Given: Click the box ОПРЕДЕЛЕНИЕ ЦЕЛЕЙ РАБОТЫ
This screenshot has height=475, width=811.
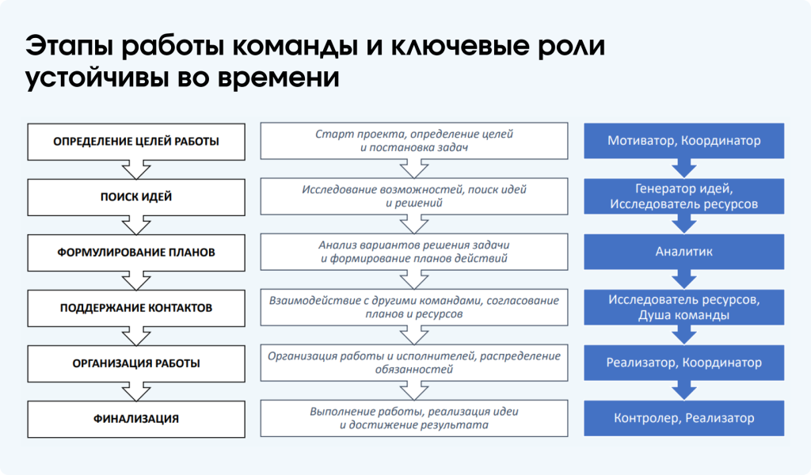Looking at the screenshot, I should coord(136,142).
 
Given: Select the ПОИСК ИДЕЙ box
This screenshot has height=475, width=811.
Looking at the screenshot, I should coord(136,196).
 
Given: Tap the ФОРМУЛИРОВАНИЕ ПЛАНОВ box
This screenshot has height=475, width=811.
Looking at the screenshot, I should coord(136,253).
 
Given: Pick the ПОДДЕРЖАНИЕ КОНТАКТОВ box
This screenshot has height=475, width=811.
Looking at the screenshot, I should coord(136,308).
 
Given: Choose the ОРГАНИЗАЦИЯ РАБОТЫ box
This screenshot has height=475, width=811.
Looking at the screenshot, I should coord(136,363).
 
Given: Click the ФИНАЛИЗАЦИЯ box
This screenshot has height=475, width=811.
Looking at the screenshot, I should coord(136,419).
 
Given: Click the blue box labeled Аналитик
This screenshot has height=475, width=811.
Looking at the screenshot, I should coord(684,252).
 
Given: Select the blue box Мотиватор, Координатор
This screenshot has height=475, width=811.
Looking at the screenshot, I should coord(684,141).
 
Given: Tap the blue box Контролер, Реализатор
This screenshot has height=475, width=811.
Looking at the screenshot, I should coord(684,418).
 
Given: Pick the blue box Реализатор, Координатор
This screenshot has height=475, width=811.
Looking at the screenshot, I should coord(684,363).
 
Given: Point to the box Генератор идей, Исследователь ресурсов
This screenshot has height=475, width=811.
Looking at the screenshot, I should coord(684,196).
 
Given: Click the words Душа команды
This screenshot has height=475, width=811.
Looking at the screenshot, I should coord(684,315).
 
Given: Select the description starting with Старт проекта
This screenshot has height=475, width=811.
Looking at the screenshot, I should coord(414,141).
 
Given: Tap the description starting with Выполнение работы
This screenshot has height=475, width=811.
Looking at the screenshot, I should coord(414,418).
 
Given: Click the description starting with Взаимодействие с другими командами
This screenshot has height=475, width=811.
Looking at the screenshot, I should coord(414,307).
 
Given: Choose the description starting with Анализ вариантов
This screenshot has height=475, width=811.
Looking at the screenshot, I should coord(414,252).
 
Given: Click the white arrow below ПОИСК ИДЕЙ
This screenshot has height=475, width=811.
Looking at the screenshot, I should coord(136,225).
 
